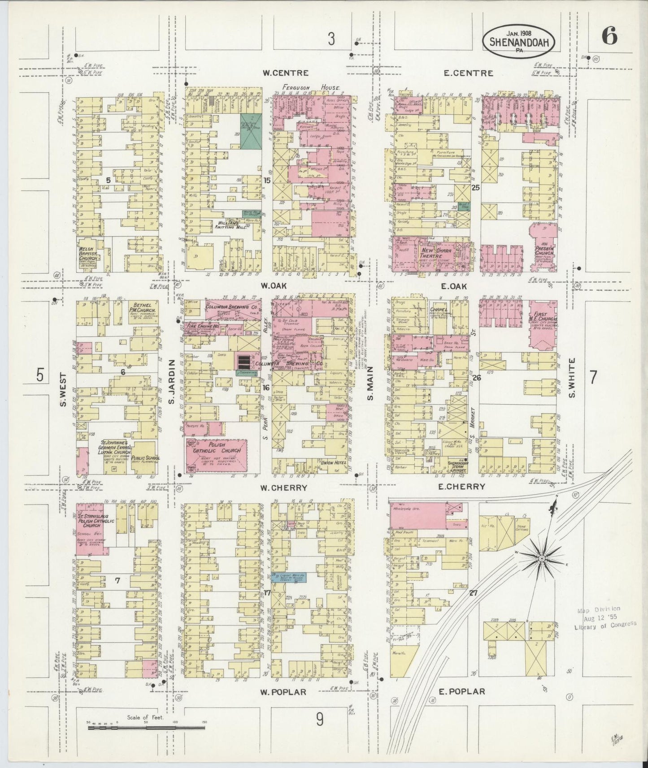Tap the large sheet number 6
pos(609,35)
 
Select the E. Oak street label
pos(454,286)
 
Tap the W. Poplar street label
pos(283,692)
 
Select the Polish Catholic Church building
pos(217,454)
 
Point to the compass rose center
pos(541,558)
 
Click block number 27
pos(473,593)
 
